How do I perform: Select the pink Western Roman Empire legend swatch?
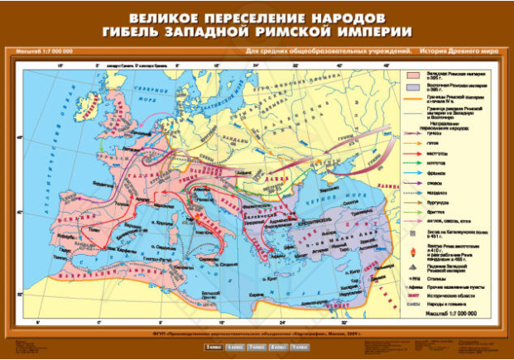pyautogui.click(x=416, y=76)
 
